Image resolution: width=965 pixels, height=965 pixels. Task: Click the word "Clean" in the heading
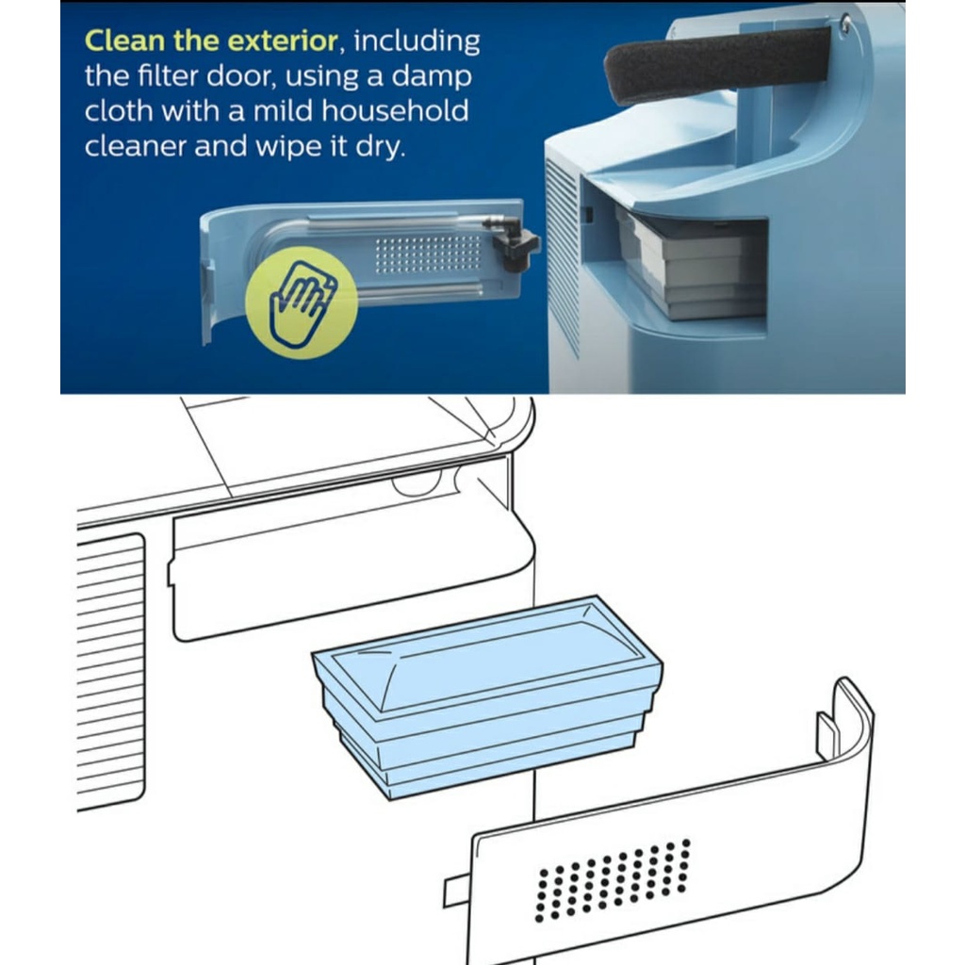pyautogui.click(x=125, y=41)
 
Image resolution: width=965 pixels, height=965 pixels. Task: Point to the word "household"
pyautogui.click(x=395, y=111)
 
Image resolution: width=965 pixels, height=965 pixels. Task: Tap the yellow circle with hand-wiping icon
pyautogui.click(x=301, y=303)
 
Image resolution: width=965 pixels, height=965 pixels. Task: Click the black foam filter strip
pyautogui.click(x=717, y=64)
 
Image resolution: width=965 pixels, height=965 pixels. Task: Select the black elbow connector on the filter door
pyautogui.click(x=513, y=242)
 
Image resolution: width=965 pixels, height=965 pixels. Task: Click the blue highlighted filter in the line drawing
pyautogui.click(x=487, y=697)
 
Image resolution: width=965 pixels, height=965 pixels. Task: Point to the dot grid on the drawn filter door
pyautogui.click(x=612, y=879)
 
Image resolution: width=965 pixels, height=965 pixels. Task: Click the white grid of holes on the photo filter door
pyautogui.click(x=428, y=254)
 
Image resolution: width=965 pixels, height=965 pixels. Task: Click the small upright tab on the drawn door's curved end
pyautogui.click(x=826, y=736)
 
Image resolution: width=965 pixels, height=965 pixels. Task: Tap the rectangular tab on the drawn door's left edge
pyautogui.click(x=457, y=892)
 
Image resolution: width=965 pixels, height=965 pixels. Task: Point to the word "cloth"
pyautogui.click(x=119, y=111)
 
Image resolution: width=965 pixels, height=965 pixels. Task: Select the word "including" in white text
pyautogui.click(x=417, y=41)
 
